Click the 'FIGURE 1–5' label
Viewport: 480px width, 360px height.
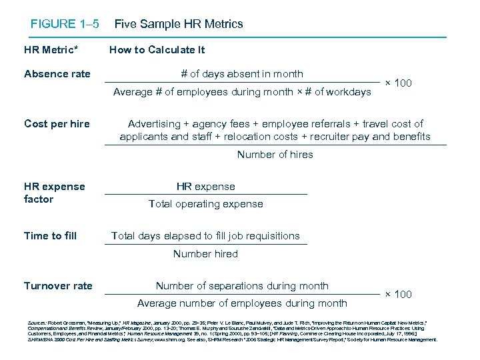pyautogui.click(x=65, y=24)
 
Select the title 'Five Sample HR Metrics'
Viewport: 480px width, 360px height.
pyautogui.click(x=179, y=24)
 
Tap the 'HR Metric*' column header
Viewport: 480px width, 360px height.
pyautogui.click(x=51, y=50)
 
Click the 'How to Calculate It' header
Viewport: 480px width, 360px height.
pyautogui.click(x=157, y=50)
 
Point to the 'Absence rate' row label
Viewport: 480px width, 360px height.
pyautogui.click(x=57, y=74)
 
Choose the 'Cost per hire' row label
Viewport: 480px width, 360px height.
pyautogui.click(x=57, y=123)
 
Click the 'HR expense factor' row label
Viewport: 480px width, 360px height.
pyautogui.click(x=54, y=193)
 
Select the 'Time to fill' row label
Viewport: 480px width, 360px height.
pyautogui.click(x=50, y=236)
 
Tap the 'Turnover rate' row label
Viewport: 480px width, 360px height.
pyautogui.click(x=58, y=286)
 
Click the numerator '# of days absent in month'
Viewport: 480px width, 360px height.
pyautogui.click(x=242, y=74)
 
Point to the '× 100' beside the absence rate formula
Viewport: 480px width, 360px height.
pyautogui.click(x=399, y=83)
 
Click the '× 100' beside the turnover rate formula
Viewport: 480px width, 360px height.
pyautogui.click(x=399, y=294)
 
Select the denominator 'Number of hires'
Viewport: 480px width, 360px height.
pyautogui.click(x=275, y=155)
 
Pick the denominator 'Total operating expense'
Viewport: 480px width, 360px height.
pyautogui.click(x=205, y=204)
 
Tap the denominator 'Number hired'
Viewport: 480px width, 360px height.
pyautogui.click(x=205, y=253)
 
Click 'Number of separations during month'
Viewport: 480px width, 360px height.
pyautogui.click(x=242, y=286)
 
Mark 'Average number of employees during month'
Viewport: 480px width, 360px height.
pyautogui.click(x=242, y=303)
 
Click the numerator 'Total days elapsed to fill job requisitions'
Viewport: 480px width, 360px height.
pyautogui.click(x=205, y=236)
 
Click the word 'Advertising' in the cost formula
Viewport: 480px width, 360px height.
pyautogui.click(x=155, y=123)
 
